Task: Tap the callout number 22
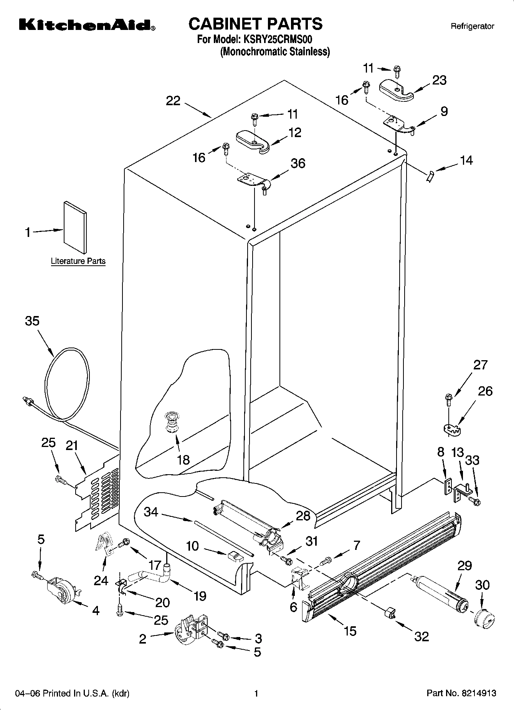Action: [173, 101]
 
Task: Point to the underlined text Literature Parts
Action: [78, 261]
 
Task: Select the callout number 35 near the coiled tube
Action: [32, 321]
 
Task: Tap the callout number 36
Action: [298, 163]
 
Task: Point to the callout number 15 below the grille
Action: [350, 631]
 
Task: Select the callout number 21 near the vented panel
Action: [72, 445]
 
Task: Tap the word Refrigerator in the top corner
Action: [472, 26]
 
